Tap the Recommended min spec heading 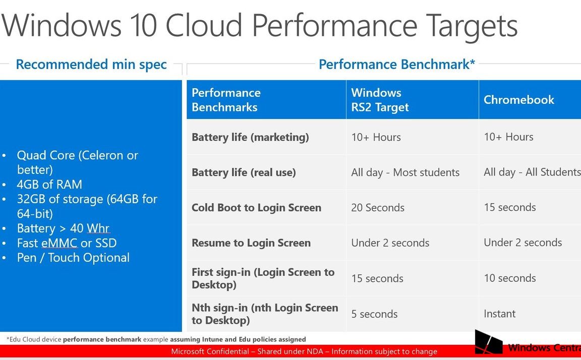[91, 65]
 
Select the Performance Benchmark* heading [397, 65]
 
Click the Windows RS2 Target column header [380, 100]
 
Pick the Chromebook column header [518, 100]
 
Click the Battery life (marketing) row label [250, 137]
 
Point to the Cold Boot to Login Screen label [256, 208]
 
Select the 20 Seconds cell [378, 208]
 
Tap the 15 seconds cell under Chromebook [509, 207]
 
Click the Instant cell [499, 314]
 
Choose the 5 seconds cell [374, 314]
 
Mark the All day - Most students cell [405, 172]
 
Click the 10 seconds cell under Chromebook [509, 278]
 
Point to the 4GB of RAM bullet [49, 185]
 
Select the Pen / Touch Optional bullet [73, 258]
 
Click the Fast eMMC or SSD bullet [67, 243]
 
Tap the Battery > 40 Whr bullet [63, 228]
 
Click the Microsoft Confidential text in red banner [304, 351]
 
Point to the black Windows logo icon [489, 342]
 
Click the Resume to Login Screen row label [251, 243]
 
